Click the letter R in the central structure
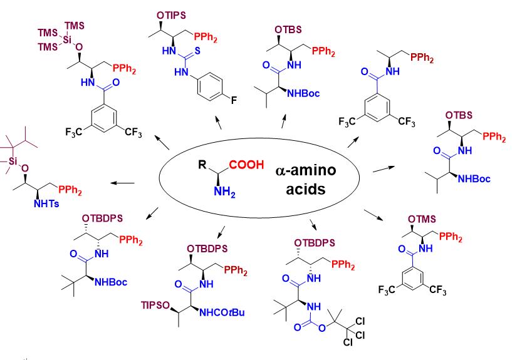click(202, 166)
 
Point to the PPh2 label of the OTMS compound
click(452, 235)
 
